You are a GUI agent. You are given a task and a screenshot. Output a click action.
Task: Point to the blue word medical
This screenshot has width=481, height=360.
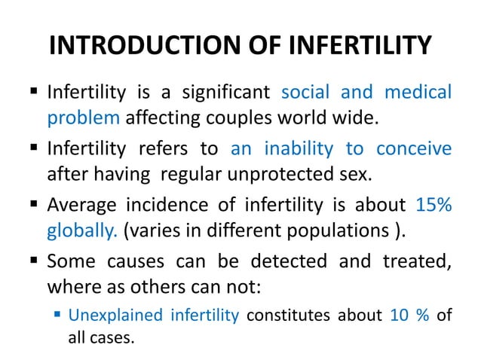click(x=418, y=93)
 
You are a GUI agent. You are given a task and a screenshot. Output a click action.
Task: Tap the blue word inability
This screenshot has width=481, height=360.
click(x=297, y=149)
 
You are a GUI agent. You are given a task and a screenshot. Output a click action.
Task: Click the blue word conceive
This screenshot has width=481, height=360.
click(x=414, y=149)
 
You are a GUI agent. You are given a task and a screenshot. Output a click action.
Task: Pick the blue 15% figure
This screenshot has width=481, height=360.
click(x=434, y=205)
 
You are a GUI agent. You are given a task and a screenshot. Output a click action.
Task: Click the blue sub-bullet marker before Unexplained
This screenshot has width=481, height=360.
click(x=58, y=314)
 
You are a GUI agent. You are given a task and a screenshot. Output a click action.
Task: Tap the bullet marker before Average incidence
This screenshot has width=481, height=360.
click(x=35, y=206)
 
